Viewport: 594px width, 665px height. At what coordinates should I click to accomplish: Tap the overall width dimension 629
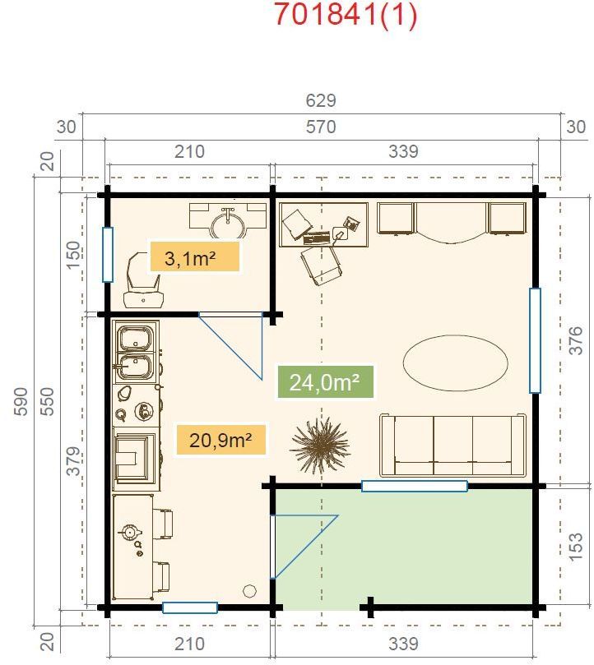tap(321, 101)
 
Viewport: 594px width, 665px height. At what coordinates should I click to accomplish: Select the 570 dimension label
tap(321, 127)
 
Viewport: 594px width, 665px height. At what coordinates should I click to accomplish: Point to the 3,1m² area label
tap(193, 257)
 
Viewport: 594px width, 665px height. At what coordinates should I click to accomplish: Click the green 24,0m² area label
tap(325, 382)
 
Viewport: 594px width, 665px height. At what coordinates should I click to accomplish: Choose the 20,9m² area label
tap(220, 440)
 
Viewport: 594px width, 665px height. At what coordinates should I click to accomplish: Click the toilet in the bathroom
tap(142, 280)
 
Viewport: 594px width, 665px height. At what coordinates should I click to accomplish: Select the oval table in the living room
tap(454, 361)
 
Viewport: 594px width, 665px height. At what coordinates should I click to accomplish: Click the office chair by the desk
tap(320, 266)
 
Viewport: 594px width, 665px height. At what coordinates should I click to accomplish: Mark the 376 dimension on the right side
tap(575, 340)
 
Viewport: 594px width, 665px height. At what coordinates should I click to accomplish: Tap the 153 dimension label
tap(575, 545)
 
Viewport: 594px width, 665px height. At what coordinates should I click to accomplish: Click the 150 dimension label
tap(72, 256)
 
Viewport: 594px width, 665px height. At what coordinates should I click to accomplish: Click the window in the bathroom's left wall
tap(107, 254)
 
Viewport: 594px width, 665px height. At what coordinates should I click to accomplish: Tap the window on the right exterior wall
tap(535, 340)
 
